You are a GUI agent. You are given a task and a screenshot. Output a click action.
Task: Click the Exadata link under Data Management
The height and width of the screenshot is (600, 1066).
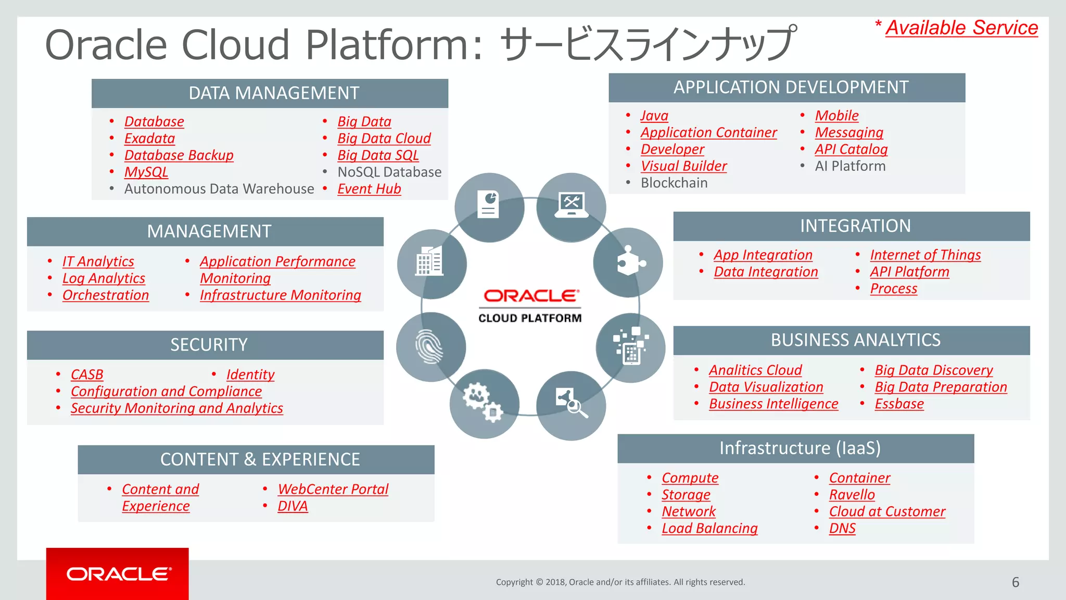pos(149,139)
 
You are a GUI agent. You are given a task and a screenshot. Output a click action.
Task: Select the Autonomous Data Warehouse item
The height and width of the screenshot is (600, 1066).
pos(219,189)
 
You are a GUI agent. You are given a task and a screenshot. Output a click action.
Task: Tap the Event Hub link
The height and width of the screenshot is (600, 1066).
pos(369,189)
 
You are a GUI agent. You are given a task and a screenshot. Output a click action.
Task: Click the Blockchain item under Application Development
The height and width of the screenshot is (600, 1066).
pos(674,183)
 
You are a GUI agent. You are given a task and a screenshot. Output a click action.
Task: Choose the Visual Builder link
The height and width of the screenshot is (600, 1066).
pos(683,166)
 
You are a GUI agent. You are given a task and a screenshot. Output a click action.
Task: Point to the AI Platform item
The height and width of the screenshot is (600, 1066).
pos(850,166)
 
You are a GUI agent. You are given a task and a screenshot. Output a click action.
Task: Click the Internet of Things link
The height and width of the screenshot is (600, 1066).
pos(925,255)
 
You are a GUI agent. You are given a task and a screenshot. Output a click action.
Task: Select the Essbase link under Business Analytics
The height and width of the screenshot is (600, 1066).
pos(899,404)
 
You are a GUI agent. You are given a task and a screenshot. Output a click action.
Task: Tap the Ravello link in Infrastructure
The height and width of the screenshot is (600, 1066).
pos(852,495)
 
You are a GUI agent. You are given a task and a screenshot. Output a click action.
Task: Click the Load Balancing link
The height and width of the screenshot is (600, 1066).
pos(709,529)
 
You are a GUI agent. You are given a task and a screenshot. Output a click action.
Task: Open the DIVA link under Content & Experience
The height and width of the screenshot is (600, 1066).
pos(293,506)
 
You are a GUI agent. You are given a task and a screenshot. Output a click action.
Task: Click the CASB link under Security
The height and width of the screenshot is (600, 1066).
pos(87,375)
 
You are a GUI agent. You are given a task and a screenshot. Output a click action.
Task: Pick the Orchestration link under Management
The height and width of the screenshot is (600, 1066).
pos(106,295)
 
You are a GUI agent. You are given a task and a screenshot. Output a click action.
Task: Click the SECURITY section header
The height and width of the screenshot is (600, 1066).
pos(208,345)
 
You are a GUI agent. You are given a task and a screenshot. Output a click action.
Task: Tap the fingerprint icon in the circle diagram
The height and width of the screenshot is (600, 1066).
pos(429,346)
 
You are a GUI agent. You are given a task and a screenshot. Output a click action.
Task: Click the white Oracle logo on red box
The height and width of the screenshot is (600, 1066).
pos(118,574)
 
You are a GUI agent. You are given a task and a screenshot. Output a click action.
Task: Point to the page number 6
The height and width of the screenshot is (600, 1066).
pos(1015,582)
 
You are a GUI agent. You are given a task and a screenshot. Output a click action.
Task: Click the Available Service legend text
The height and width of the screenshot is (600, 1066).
pos(961,28)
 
